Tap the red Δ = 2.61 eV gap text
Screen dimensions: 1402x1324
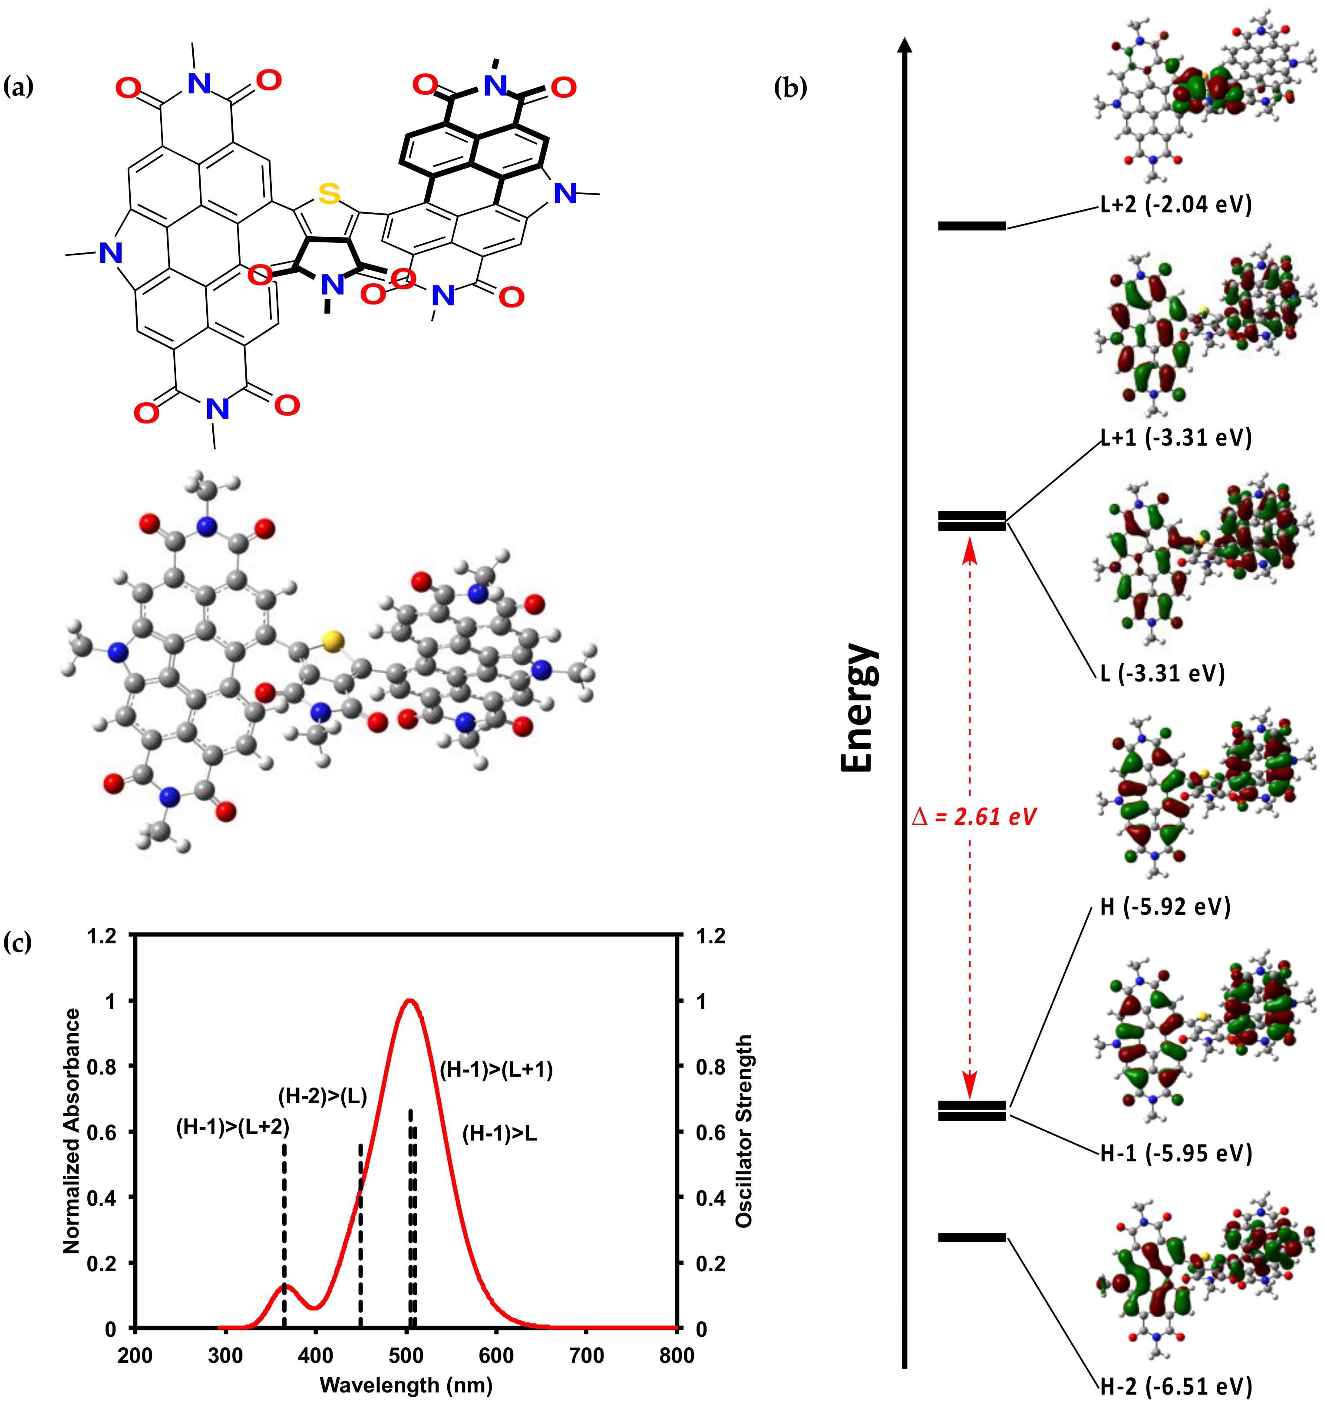point(974,817)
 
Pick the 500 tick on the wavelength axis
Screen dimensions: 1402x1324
point(406,1356)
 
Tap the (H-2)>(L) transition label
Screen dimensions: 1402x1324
point(323,1096)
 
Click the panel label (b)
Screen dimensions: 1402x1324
point(790,88)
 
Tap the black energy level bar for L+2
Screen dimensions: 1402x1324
point(971,226)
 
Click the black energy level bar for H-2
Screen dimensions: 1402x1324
point(971,1237)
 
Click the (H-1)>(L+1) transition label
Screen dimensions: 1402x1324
point(496,1069)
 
